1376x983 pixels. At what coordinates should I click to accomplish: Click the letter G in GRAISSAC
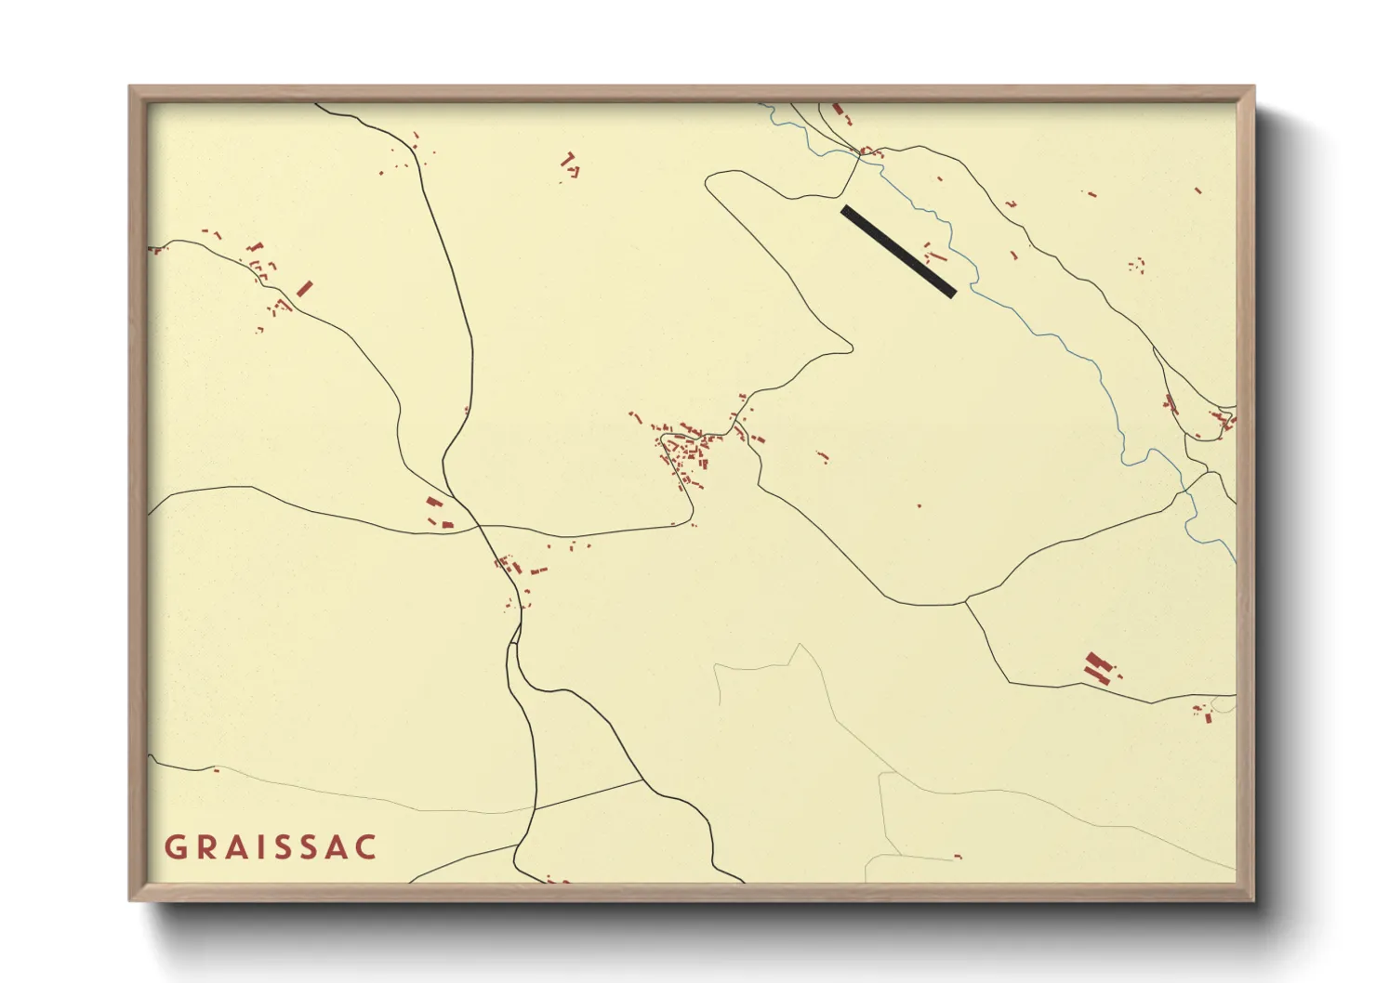[x=175, y=847]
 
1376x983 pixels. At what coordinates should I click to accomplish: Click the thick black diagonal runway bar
[x=898, y=251]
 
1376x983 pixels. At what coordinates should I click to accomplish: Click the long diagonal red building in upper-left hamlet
[x=304, y=288]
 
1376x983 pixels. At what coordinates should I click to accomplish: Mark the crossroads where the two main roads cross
[x=479, y=527]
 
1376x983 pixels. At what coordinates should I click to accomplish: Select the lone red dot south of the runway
[x=919, y=505]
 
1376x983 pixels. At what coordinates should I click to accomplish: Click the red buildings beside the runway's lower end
[x=933, y=253]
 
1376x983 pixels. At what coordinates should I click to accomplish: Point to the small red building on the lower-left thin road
[x=217, y=769]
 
